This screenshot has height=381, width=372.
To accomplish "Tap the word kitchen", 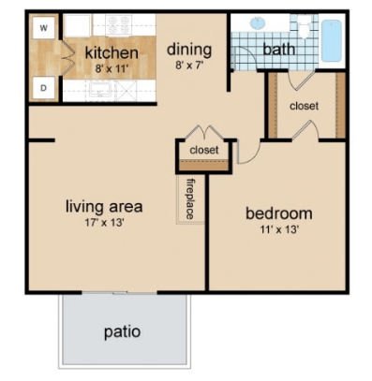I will (x=112, y=52).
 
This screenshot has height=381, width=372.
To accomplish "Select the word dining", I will (x=189, y=49).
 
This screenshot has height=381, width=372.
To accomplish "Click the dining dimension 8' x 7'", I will (x=189, y=66).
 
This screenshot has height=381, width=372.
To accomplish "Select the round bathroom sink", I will (x=260, y=24).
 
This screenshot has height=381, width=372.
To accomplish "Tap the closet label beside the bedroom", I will (x=304, y=106).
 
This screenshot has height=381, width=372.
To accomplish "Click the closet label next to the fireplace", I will (x=203, y=150).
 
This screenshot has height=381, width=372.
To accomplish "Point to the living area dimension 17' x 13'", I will (x=103, y=223).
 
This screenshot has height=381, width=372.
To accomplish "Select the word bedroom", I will (x=278, y=213).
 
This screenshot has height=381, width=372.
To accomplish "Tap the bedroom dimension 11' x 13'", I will (x=278, y=230).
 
